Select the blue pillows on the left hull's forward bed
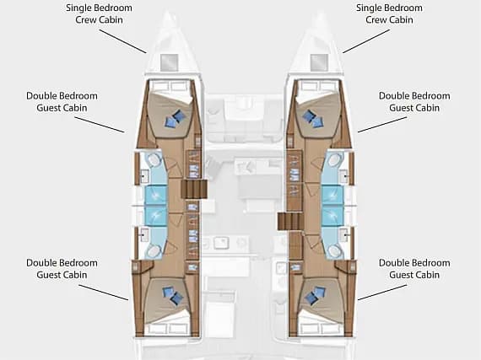pyautogui.click(x=175, y=119)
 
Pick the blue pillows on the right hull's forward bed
pyautogui.click(x=312, y=119)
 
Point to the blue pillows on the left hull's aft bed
pyautogui.click(x=173, y=295)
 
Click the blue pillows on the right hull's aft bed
pyautogui.click(x=316, y=295)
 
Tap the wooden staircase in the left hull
pyautogui.click(x=195, y=190)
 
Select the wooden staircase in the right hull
pyautogui.click(x=290, y=221)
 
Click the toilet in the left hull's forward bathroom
pyautogui.click(x=153, y=159)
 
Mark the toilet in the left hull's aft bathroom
pyautogui.click(x=153, y=251)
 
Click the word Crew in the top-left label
pyautogui.click(x=85, y=20)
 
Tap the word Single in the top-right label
pyautogui.click(x=368, y=8)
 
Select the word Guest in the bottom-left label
pyautogui.click(x=48, y=275)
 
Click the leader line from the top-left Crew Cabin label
pyautogui.click(x=122, y=41)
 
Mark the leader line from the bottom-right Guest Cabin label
pyautogui.click(x=382, y=293)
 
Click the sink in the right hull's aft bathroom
pyautogui.click(x=344, y=234)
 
